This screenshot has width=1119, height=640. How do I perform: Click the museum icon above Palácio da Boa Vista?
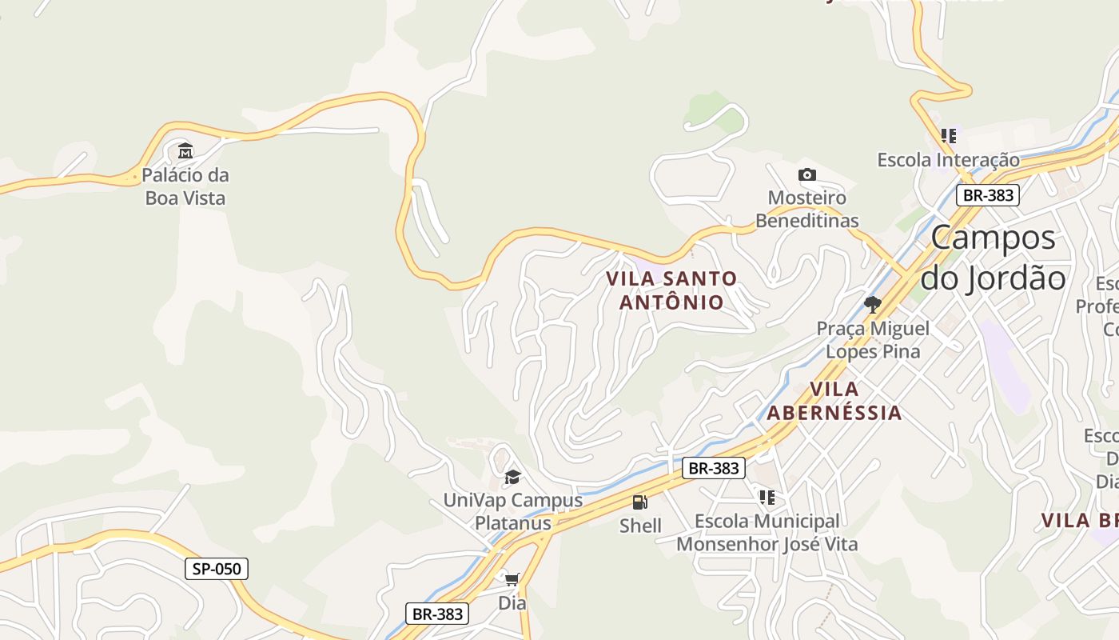click(185, 150)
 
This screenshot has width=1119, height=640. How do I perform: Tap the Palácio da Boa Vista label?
click(185, 186)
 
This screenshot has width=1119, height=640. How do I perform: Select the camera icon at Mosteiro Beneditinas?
click(807, 174)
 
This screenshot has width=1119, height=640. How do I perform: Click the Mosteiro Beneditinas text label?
click(807, 209)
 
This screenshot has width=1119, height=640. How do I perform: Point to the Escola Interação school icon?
click(949, 136)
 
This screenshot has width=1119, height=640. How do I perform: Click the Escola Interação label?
click(949, 160)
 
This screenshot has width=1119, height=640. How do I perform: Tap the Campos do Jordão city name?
click(994, 258)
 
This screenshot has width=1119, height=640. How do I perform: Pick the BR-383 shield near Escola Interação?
click(988, 194)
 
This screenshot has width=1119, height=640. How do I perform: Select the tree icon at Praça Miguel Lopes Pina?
click(873, 304)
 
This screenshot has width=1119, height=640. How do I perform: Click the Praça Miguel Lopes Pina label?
click(873, 340)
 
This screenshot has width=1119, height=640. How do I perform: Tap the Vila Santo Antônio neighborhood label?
click(671, 290)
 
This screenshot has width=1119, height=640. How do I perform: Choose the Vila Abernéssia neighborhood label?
click(834, 401)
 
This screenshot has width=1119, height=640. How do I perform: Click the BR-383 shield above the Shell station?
click(713, 468)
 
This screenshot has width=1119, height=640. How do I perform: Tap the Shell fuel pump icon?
click(640, 502)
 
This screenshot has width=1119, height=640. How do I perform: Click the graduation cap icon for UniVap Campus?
click(512, 478)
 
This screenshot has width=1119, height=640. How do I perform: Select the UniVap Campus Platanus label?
click(513, 512)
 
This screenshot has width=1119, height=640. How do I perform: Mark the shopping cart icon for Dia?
click(512, 578)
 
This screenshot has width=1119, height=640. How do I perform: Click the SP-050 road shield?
click(217, 569)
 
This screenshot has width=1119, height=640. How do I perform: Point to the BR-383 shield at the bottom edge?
click(436, 614)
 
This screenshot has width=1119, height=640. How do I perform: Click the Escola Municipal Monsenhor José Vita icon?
click(767, 498)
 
